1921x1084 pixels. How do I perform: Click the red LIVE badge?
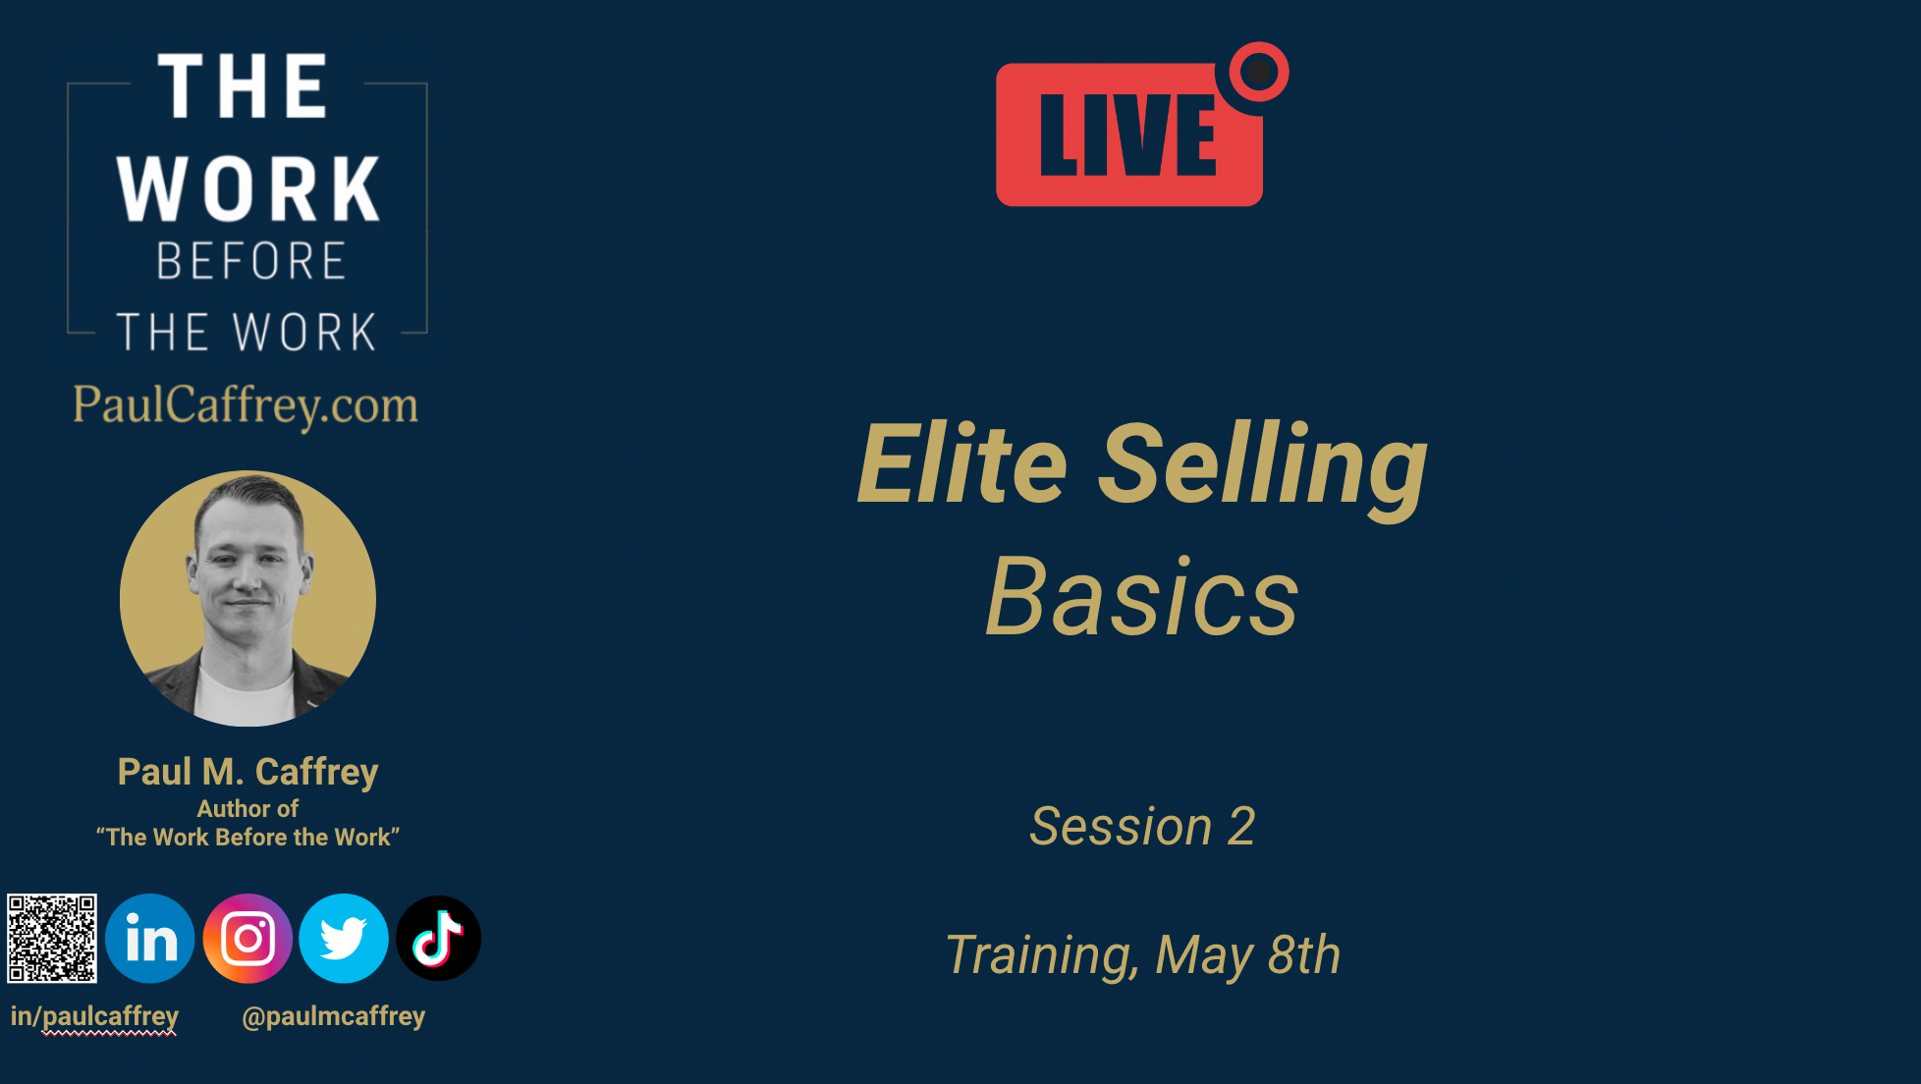coord(1129,135)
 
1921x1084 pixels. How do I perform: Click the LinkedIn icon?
coord(150,939)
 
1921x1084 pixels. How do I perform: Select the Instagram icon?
coord(247,939)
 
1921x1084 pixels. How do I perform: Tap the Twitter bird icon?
coord(344,939)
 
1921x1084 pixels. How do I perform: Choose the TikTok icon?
coord(439,939)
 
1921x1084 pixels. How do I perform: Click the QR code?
coord(52,939)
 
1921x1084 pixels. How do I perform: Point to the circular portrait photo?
coord(247,599)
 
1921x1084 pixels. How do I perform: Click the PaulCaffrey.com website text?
coord(246,406)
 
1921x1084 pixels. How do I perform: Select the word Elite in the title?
coord(962,462)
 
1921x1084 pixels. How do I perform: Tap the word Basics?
coord(1142,596)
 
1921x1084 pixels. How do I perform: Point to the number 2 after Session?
coord(1242,827)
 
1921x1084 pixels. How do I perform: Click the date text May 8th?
coord(1248,955)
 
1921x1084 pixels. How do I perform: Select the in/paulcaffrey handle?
coord(94,1017)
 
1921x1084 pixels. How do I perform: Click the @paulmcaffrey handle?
coord(334,1017)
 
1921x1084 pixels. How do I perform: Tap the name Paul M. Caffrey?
coord(247,773)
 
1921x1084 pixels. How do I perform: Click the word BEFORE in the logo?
coord(250,261)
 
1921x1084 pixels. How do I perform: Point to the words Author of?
coord(247,809)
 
